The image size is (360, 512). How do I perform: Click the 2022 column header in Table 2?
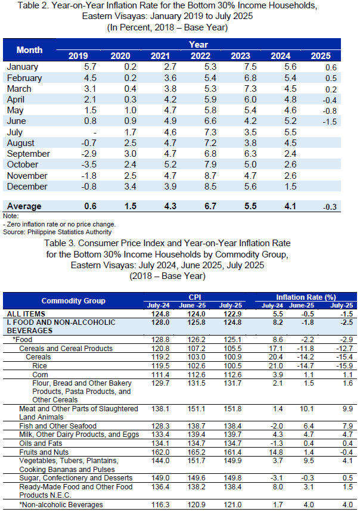(200, 56)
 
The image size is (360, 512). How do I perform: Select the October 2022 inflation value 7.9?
(210, 165)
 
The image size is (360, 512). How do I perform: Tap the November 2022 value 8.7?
(210, 176)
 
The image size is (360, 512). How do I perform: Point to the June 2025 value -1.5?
(330, 122)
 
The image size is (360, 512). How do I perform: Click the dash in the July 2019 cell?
(95, 133)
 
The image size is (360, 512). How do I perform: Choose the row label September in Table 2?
(29, 154)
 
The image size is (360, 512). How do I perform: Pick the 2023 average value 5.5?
(250, 206)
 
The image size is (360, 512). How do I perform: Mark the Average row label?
(24, 206)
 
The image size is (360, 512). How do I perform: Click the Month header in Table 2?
(29, 50)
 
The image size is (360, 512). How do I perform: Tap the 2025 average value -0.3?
(330, 207)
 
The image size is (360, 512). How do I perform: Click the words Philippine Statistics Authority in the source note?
(70, 232)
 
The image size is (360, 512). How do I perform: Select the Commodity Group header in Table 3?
(73, 301)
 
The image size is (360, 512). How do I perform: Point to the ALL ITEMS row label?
(26, 314)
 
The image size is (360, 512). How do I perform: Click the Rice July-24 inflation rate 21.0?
(276, 366)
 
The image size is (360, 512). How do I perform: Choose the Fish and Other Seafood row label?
(58, 426)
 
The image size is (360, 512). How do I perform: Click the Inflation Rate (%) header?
(306, 297)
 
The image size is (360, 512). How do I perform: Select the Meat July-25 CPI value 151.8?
(232, 409)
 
